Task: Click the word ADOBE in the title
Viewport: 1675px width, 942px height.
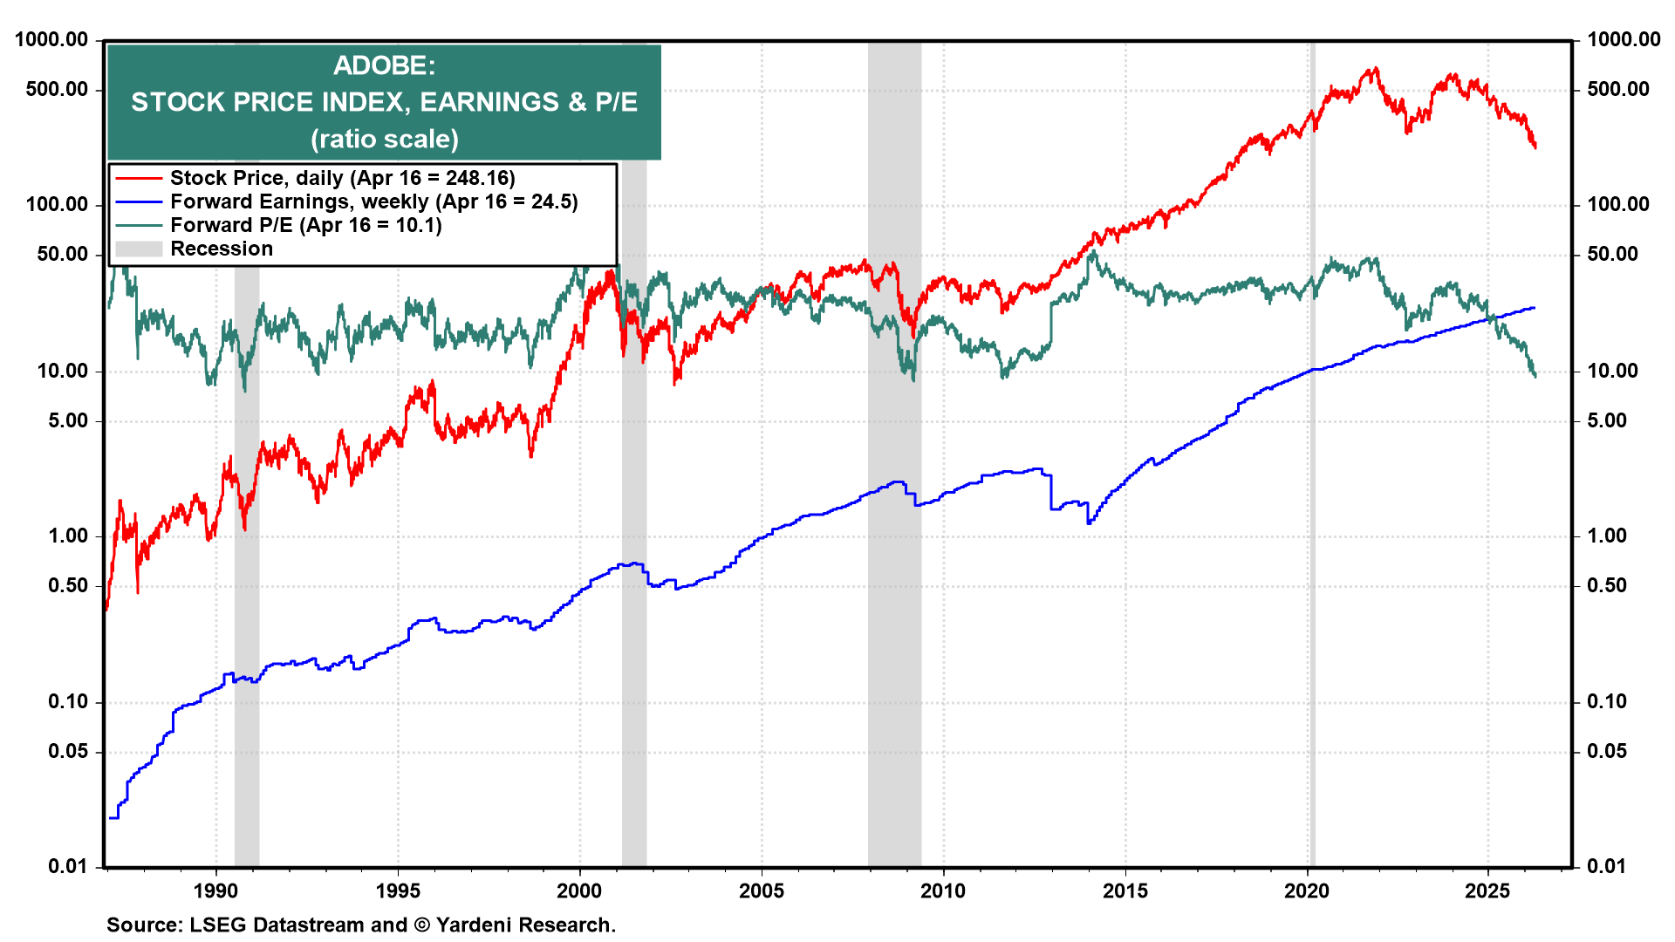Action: coord(384,65)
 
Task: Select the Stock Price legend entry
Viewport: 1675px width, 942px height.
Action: coord(342,178)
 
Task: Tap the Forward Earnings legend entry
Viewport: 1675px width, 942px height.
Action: coord(373,201)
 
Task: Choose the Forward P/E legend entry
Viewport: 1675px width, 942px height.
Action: coord(305,225)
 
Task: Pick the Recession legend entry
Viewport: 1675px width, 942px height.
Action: coord(222,249)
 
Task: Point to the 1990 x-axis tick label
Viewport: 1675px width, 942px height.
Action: coord(215,891)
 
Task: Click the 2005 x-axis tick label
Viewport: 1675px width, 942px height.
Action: coord(762,891)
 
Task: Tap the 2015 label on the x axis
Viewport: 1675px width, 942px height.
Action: coord(1125,891)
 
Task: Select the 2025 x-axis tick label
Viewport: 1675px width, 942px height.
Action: coord(1487,891)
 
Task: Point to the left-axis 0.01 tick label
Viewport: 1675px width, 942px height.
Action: coord(68,866)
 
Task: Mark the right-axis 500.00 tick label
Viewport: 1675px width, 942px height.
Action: coord(1618,89)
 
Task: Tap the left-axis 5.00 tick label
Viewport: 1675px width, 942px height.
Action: coord(68,420)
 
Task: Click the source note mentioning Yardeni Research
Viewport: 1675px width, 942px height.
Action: coord(361,925)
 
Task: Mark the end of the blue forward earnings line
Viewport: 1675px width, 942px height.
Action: coord(1535,308)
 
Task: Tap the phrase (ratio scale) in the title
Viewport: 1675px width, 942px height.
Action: coord(384,139)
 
